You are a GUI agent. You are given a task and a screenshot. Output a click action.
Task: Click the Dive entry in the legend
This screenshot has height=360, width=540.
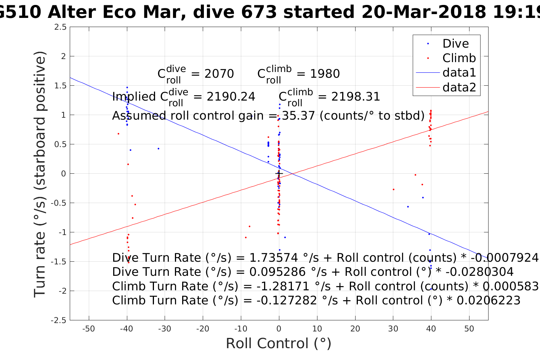455,44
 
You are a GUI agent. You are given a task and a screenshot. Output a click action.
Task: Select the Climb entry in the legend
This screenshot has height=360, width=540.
459,58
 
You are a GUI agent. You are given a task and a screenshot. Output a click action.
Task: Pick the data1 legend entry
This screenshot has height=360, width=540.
459,73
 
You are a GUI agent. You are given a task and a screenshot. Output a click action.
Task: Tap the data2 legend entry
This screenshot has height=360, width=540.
459,88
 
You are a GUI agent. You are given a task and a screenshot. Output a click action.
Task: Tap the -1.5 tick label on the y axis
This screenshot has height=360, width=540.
59,262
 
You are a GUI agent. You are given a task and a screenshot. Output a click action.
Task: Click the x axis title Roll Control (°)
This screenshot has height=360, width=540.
279,344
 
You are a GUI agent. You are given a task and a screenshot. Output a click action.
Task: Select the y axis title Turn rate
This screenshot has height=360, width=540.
40,174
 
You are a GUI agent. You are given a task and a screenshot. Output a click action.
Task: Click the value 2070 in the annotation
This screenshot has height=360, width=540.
219,74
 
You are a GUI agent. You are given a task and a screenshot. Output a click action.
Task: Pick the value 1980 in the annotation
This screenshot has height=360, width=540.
325,74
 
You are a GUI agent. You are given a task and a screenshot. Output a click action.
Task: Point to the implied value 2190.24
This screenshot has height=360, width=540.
231,97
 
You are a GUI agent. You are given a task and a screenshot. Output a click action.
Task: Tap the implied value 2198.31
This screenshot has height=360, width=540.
356,97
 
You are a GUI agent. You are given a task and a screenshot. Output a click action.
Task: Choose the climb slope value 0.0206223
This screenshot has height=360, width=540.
488,301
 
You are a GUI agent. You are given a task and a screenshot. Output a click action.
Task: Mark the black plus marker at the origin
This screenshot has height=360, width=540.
279,174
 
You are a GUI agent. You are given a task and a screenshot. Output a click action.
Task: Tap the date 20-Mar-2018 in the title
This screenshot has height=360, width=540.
423,13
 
